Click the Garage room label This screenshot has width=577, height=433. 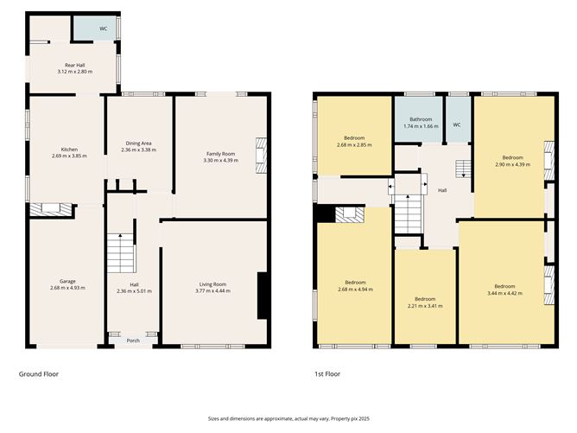coord(67,282)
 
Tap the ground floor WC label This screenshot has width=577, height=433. coord(103,29)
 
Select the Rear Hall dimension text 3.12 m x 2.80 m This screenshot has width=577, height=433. coord(74,72)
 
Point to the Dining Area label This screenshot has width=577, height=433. coord(139,143)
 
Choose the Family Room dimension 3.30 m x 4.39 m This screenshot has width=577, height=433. coord(219,160)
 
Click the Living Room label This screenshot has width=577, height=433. coord(212,284)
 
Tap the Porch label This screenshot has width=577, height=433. coord(133,341)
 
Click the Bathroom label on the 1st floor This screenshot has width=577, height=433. coord(421,119)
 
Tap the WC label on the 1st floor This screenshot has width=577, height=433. coord(456,124)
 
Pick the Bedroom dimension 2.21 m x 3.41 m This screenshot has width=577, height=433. coord(425,305)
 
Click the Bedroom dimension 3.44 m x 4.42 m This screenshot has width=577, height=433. coord(504,293)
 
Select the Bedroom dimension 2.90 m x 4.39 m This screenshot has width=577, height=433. coord(508,164)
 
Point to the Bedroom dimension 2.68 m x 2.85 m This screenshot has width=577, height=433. coord(355,144)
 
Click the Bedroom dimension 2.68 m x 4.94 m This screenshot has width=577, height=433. coord(355,290)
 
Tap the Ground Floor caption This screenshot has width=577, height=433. coord(39,374)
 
